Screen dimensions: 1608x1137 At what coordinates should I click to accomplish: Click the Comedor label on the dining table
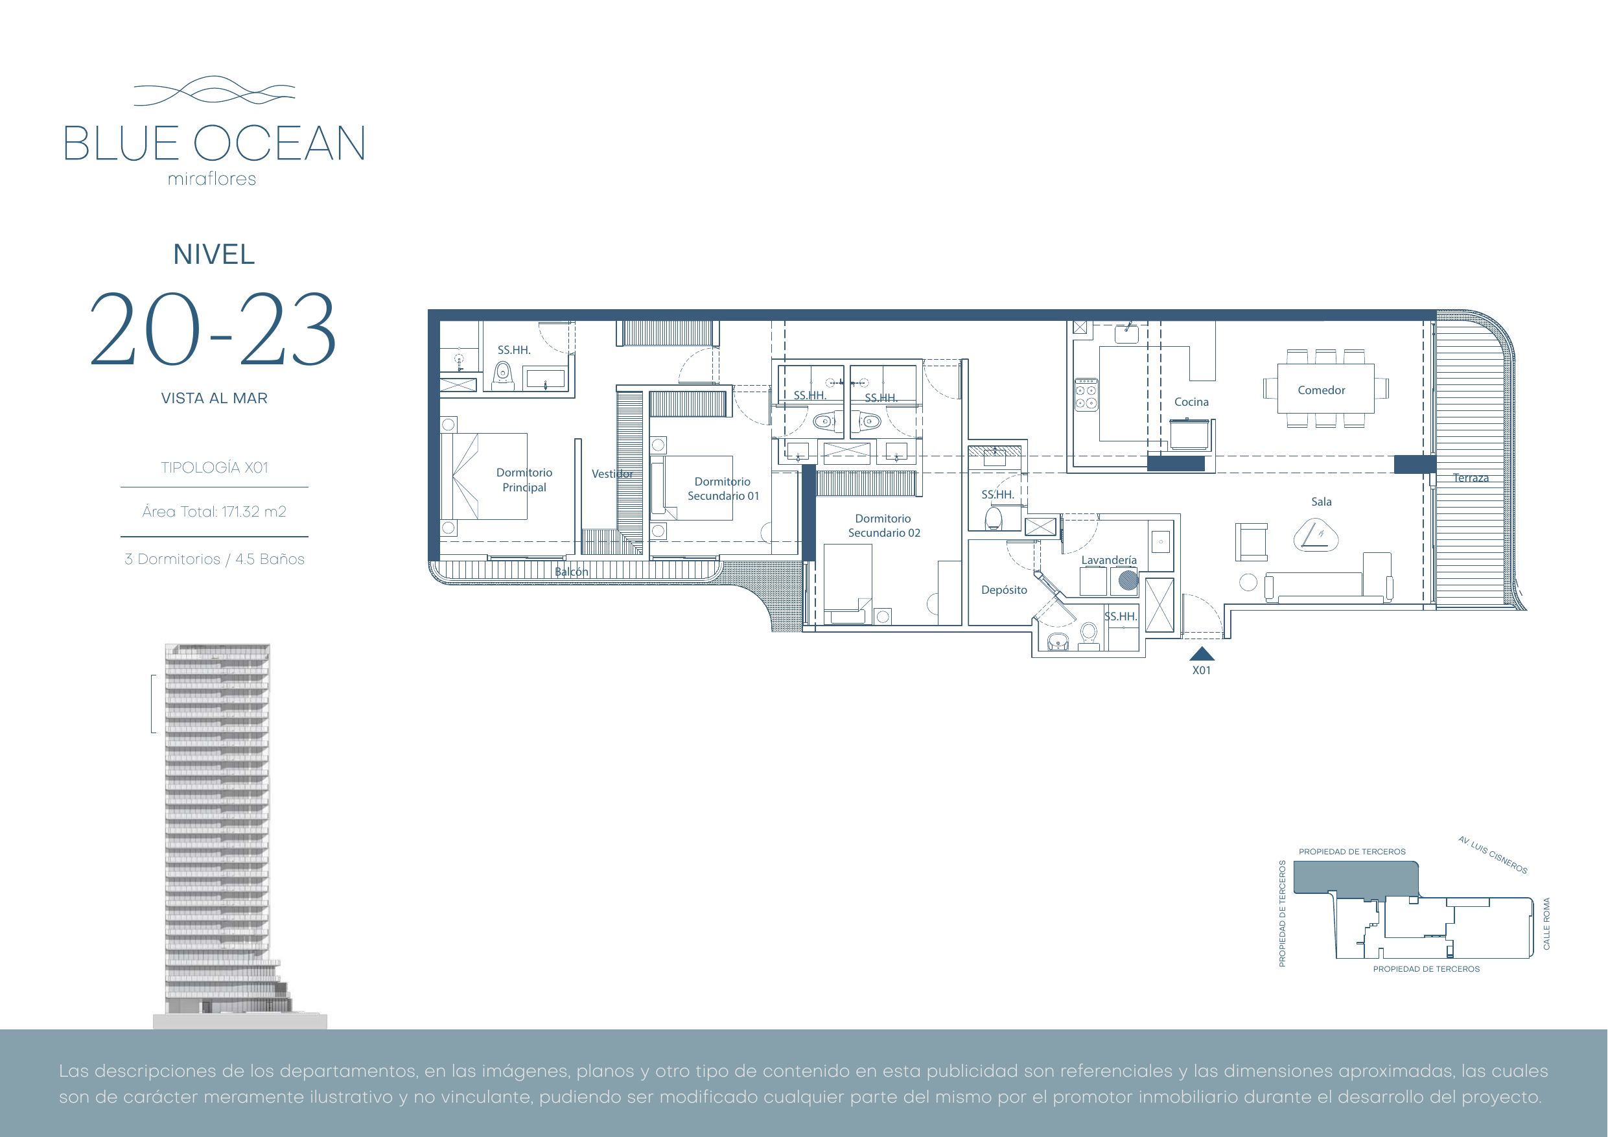[1321, 390]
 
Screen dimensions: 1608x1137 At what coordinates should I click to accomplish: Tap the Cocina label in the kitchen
[1191, 402]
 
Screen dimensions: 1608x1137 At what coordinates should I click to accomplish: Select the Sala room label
[1321, 502]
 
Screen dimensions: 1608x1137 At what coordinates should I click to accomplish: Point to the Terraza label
[1470, 478]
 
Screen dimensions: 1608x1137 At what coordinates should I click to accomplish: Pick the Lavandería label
[1109, 559]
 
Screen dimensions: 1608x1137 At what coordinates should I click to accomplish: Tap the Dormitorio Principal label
[524, 480]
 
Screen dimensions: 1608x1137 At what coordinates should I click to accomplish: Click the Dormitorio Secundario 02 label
[884, 526]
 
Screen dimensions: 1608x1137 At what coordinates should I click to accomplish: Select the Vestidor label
[612, 474]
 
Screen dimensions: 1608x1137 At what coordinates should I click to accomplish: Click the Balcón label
[572, 572]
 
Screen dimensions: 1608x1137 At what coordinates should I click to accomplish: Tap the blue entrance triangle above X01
[1202, 653]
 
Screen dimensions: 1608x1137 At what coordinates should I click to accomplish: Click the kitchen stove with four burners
[1086, 394]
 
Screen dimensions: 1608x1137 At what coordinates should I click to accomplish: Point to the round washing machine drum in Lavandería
[1128, 580]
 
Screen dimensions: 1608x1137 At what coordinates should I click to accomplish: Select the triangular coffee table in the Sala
[1315, 536]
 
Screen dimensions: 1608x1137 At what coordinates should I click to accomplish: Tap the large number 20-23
[214, 329]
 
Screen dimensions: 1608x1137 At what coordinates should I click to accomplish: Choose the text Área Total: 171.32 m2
[215, 511]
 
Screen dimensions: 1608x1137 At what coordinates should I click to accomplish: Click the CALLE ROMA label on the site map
[1546, 923]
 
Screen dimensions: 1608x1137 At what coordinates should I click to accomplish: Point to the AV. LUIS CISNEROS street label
[1493, 854]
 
